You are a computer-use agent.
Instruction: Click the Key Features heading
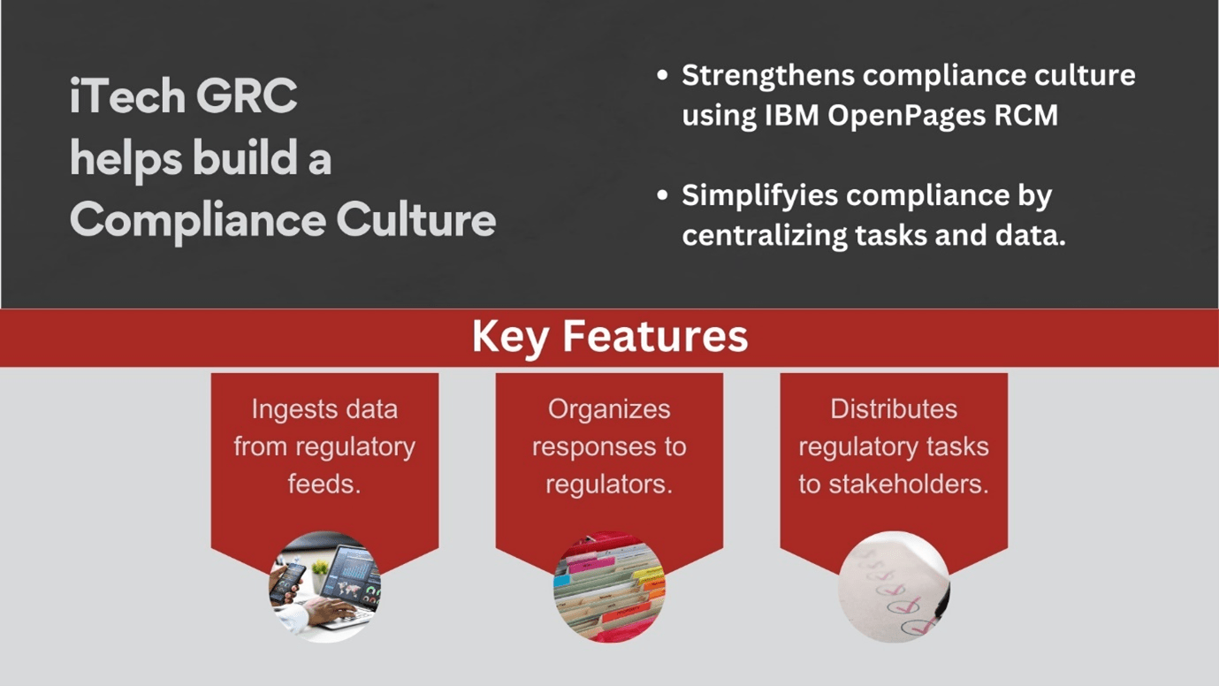coord(609,337)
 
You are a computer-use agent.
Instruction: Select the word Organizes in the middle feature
coord(609,409)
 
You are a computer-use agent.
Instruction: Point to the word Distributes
coord(894,409)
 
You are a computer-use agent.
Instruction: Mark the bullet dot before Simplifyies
coord(663,195)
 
